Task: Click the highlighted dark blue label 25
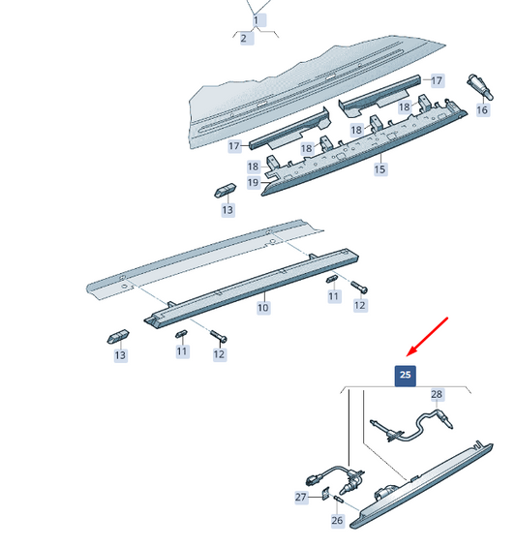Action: tap(405, 376)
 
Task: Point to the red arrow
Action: tap(427, 337)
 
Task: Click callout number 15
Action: tap(379, 169)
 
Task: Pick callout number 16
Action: tap(482, 110)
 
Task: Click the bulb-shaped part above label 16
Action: tap(480, 87)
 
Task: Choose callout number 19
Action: tap(254, 182)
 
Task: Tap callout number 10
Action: tap(263, 308)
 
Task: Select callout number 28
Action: tap(437, 395)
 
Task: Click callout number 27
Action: tap(301, 497)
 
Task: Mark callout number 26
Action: tap(337, 521)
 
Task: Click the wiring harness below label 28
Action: tap(411, 426)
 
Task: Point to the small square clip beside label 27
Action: tap(325, 494)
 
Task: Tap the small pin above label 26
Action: tap(339, 500)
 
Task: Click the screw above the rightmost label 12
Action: tap(359, 288)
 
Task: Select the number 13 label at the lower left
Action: tap(120, 355)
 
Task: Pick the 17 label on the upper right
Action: tap(437, 81)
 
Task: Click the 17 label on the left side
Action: tap(234, 146)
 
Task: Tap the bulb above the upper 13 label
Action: tap(225, 191)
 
